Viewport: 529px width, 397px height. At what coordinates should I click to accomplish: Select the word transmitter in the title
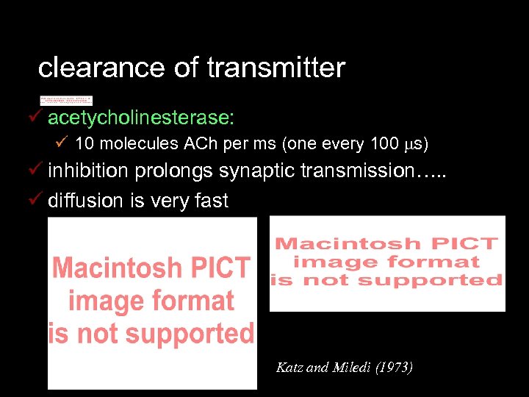tap(276, 68)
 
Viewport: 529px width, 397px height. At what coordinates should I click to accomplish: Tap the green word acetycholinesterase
tap(141, 118)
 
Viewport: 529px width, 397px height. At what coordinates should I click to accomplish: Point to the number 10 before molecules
tap(83, 143)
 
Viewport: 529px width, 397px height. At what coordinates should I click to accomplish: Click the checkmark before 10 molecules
tap(62, 143)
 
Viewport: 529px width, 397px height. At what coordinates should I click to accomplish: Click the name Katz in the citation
tap(288, 367)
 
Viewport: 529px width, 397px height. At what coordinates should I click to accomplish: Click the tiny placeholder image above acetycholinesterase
tap(66, 100)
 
